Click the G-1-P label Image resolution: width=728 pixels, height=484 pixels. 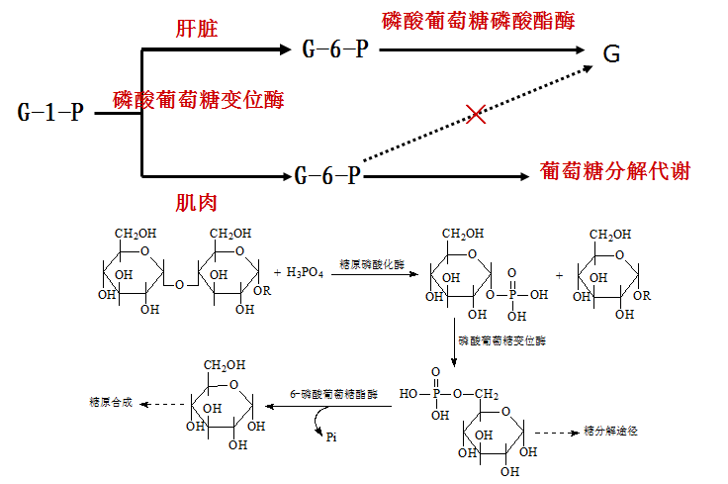(50, 113)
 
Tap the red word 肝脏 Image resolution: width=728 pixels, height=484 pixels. (197, 29)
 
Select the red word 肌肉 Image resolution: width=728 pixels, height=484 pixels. (197, 203)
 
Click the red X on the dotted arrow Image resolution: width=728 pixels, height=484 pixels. (476, 114)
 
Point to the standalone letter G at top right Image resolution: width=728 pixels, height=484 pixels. (611, 53)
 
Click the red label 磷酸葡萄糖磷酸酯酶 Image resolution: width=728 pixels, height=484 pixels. (478, 21)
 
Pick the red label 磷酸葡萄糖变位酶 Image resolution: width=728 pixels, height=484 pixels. (198, 100)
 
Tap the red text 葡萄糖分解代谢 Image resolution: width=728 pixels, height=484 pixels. (614, 171)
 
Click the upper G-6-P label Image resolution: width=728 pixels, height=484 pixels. (335, 49)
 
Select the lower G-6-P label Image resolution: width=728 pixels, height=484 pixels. (327, 176)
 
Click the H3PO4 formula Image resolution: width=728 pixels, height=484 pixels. (305, 272)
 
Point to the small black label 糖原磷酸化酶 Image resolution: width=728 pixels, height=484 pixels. (372, 264)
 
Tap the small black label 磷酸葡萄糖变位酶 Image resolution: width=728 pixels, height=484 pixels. (501, 340)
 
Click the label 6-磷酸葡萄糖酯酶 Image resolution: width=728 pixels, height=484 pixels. (333, 394)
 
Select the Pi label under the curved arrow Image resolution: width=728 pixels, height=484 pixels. (331, 437)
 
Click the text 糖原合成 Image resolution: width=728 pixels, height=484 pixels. (111, 402)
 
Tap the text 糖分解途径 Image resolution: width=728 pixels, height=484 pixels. (610, 432)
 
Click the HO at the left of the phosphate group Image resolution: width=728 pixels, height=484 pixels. (409, 394)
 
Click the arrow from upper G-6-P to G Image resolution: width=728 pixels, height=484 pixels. (482, 49)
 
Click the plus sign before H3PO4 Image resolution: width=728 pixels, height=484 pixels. (277, 272)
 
